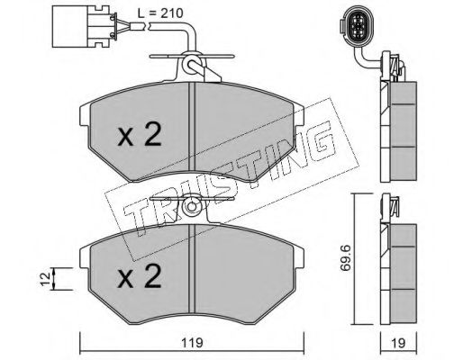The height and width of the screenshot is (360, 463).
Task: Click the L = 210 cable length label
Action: point(160,13)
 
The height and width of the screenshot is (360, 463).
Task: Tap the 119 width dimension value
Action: point(192,342)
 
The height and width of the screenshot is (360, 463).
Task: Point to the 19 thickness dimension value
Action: point(399,342)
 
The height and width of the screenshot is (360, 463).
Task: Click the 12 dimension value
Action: point(45,279)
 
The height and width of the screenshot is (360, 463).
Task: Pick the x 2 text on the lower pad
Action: point(140,276)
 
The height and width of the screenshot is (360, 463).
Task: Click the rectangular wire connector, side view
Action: point(85,26)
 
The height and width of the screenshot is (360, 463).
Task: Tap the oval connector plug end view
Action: point(357,26)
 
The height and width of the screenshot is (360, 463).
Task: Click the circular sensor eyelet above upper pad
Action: point(190,64)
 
